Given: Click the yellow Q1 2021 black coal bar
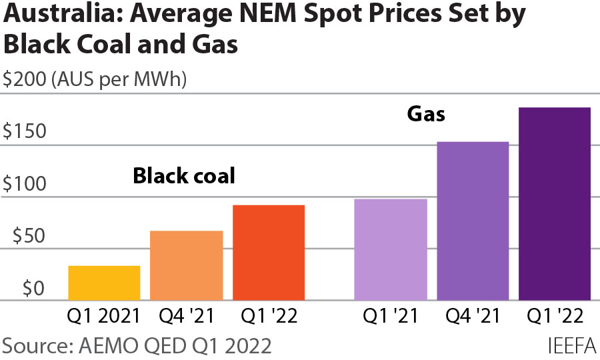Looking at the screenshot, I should click(x=104, y=283).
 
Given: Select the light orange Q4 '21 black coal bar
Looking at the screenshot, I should click(x=187, y=265).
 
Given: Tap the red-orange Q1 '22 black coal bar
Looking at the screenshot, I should click(x=269, y=253).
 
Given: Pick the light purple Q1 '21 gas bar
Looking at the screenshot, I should click(x=391, y=249).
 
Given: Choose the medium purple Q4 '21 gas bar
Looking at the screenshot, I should click(x=473, y=221).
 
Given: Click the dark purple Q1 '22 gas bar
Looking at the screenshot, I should click(x=555, y=204).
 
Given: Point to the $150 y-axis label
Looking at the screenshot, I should click(x=25, y=131).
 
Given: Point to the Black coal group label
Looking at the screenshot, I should click(x=184, y=176).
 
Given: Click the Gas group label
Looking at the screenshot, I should click(x=426, y=114).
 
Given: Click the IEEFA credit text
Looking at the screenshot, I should click(x=571, y=346).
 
